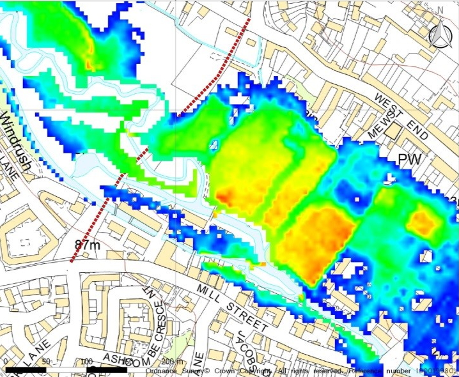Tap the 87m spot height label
[x=87, y=245]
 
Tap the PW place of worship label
[x=410, y=159]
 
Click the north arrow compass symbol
[x=439, y=37]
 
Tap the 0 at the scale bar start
[x=5, y=362]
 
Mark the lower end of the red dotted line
[x=72, y=261]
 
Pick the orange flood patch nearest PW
[x=421, y=222]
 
